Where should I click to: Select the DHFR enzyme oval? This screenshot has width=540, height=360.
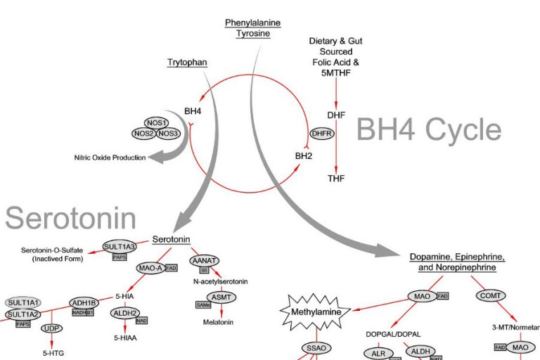[x=321, y=134]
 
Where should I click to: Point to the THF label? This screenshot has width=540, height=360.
[x=336, y=179]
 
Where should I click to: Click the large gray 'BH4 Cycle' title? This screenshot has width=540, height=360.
[x=429, y=130]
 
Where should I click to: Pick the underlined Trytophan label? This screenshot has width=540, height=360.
[x=187, y=63]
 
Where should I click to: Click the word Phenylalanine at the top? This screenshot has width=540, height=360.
[x=252, y=22]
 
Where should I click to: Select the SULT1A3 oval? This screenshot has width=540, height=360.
[x=119, y=247]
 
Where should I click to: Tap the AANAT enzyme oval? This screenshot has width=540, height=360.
[x=204, y=260]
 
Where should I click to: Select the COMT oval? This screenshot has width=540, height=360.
[x=490, y=296]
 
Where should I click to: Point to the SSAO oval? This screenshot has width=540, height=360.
[x=316, y=347]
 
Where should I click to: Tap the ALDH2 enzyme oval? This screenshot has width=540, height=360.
[x=124, y=313]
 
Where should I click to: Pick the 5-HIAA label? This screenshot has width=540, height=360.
[x=124, y=337]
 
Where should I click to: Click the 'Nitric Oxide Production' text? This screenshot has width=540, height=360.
[x=110, y=157]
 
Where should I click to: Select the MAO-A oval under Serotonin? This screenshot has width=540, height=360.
[x=150, y=268]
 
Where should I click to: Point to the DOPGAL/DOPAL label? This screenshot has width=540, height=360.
[x=388, y=333]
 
